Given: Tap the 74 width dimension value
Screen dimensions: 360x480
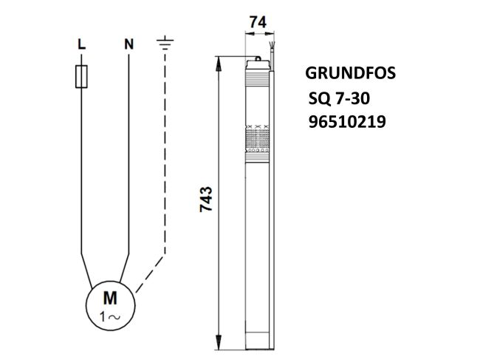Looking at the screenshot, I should point(257,24).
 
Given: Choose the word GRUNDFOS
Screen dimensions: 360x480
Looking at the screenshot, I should point(350,75).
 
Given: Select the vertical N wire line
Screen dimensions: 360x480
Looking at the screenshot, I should point(128,148).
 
